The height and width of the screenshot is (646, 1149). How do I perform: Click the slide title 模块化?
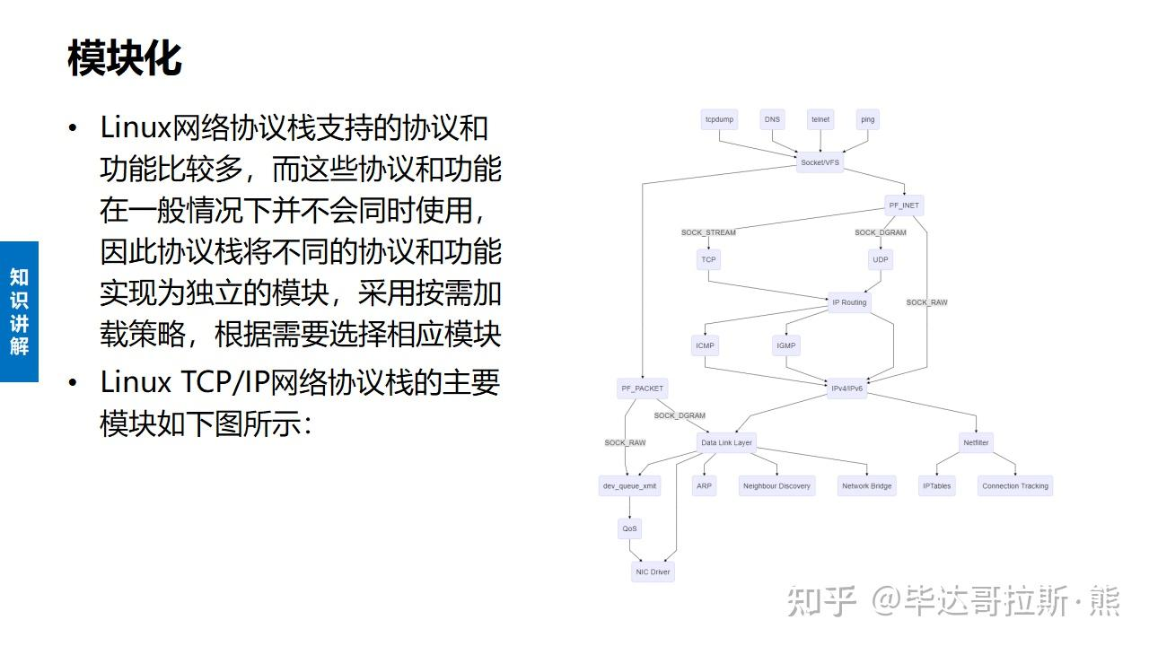pos(125,58)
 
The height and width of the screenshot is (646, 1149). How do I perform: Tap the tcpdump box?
pos(719,119)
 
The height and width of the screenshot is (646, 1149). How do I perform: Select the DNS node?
pos(772,119)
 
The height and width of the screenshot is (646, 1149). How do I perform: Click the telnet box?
pos(820,119)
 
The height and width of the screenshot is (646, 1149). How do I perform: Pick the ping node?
pos(867,119)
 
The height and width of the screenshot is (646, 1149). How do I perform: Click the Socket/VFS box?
pos(820,162)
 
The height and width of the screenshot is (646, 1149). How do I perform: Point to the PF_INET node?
pos(904,205)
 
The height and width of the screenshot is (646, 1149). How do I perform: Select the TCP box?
pos(709,259)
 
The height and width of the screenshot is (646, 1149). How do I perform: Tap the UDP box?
pos(881,259)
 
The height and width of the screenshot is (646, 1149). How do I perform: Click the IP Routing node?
pos(849,302)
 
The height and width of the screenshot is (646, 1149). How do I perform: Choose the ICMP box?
pos(706,345)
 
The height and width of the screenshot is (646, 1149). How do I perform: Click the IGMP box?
pos(785,345)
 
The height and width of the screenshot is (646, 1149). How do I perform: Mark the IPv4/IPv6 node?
pos(847,388)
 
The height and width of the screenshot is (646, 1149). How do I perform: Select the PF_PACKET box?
pos(643,388)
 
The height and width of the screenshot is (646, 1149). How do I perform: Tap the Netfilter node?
pos(976,442)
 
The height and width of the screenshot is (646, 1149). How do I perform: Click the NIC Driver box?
pos(653,572)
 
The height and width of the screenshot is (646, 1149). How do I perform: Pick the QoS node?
pos(630,528)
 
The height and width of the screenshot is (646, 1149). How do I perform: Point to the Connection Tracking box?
pos(1015,485)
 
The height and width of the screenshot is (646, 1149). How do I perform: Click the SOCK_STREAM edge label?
pos(708,232)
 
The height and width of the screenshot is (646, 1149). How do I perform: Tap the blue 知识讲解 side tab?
pos(19,311)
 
